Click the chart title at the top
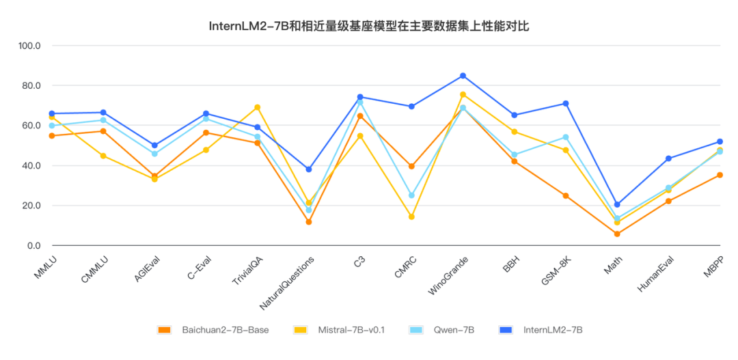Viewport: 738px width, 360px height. click(x=369, y=27)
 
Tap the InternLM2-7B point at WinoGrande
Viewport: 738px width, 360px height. click(x=463, y=76)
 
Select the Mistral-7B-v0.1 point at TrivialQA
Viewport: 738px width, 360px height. click(x=257, y=107)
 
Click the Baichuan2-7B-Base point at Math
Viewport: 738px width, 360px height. click(x=617, y=234)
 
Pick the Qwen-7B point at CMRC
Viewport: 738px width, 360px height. click(x=411, y=195)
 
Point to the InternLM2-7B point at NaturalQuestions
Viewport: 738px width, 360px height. click(x=308, y=169)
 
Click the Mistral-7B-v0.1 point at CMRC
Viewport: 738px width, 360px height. click(x=411, y=217)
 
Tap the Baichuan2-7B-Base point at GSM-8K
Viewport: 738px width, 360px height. click(x=566, y=195)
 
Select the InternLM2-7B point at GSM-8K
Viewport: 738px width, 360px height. click(x=566, y=104)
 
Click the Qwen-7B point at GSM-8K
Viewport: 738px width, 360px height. click(x=566, y=137)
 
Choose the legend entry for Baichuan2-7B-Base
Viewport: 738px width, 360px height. click(x=213, y=330)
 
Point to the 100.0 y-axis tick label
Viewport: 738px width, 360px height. click(x=30, y=46)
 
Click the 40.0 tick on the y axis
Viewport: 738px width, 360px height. click(x=30, y=166)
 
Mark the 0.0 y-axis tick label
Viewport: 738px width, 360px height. click(x=32, y=246)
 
